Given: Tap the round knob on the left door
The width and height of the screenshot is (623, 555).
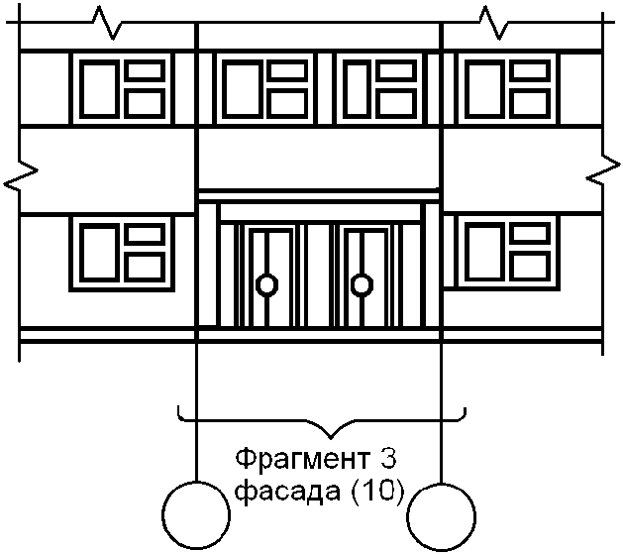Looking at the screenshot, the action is tap(265, 286).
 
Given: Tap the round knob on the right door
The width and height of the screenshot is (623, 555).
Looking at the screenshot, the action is tap(363, 286).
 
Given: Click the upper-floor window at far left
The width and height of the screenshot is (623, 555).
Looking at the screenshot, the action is tap(122, 89).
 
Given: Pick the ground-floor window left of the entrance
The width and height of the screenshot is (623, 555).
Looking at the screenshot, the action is tap(122, 252).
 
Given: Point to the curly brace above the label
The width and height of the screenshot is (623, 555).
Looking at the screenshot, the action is tap(321, 421).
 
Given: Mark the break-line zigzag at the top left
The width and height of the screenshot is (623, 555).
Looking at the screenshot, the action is tap(105, 22).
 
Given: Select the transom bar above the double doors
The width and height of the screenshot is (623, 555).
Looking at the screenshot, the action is tap(319, 213).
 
